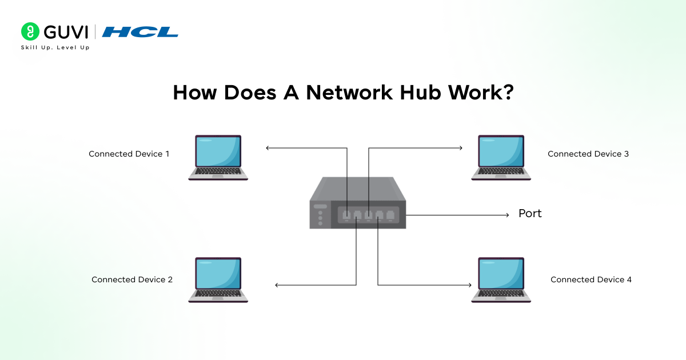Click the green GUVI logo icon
[30, 31]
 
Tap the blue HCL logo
[140, 32]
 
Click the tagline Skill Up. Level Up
[55, 47]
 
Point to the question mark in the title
[506, 93]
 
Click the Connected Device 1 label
[129, 154]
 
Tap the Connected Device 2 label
[132, 280]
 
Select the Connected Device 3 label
[588, 154]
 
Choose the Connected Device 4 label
[591, 280]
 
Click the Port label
[530, 214]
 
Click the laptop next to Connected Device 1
[218, 158]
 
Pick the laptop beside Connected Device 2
[218, 279]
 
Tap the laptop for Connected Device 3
[501, 158]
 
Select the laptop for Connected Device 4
[501, 279]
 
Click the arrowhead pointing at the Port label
[506, 215]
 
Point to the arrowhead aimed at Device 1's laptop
[268, 149]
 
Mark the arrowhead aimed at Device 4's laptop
[472, 285]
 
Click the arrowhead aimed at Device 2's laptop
[277, 285]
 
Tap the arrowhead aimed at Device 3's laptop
[460, 149]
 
